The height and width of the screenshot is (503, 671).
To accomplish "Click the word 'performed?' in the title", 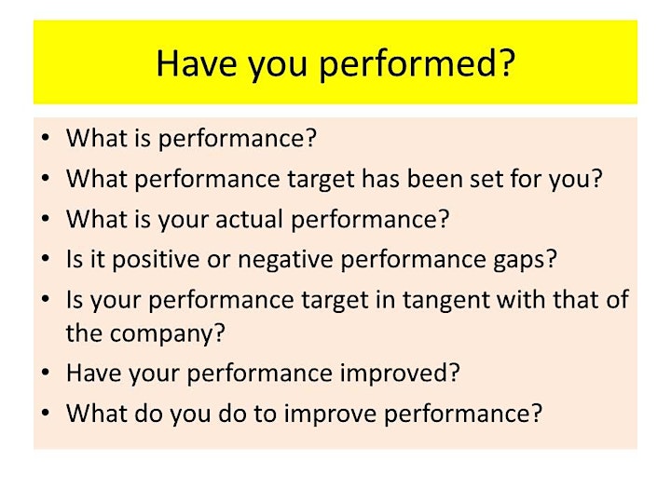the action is point(418,64).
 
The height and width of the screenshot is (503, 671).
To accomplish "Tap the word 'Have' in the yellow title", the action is point(196,63).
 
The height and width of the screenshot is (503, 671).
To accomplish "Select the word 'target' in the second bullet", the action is point(321,180).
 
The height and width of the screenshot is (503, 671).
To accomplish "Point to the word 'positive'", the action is point(156,260).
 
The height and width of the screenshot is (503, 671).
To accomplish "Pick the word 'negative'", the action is point(285,260).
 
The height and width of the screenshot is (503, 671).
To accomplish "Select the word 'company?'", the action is point(167,334).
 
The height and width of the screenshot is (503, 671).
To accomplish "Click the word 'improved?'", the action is point(400,374).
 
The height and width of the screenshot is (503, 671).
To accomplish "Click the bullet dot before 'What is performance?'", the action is point(46,138).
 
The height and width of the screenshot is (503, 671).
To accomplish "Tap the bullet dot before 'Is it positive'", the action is point(46,258).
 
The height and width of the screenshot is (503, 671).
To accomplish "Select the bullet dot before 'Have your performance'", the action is point(46,373).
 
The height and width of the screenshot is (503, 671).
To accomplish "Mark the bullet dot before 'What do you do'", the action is point(46,413).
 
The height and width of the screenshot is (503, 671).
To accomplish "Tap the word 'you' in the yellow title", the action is point(278,66).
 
